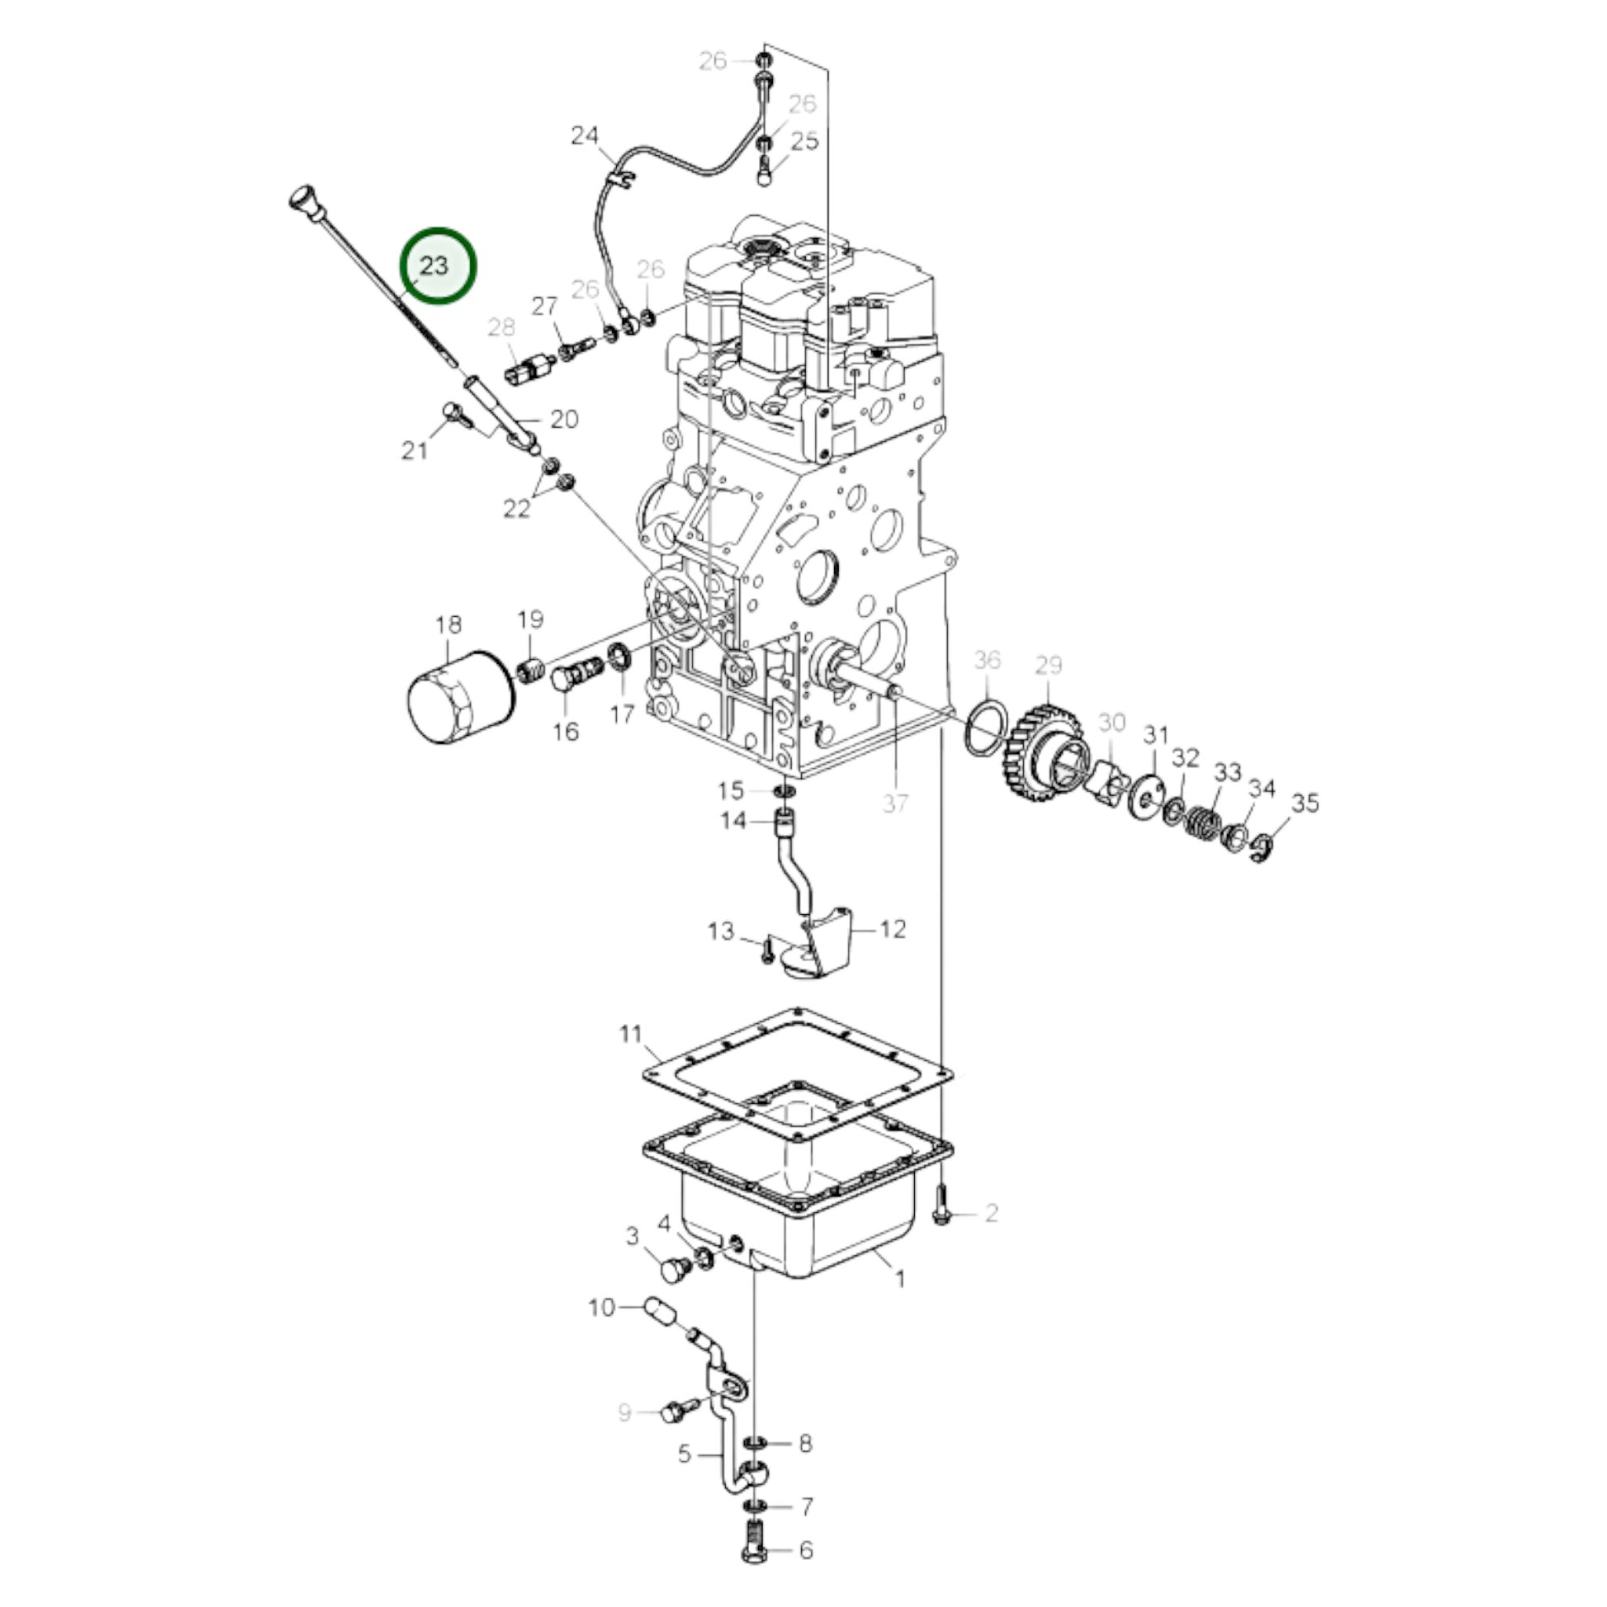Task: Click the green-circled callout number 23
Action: pos(434,266)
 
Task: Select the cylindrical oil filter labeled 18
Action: pos(461,697)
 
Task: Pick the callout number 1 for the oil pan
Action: pos(899,1278)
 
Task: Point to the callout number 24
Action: pos(584,135)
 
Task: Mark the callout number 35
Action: pos(1305,803)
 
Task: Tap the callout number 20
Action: pos(564,420)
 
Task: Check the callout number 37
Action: pos(895,803)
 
